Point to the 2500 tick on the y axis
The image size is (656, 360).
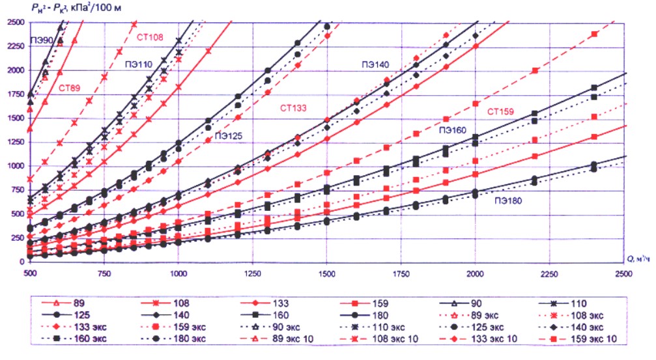coord(13,22)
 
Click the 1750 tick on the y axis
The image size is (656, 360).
coord(13,94)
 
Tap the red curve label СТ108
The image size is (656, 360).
coord(150,37)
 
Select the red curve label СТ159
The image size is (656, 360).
coord(500,111)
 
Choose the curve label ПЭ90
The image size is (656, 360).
coord(40,40)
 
